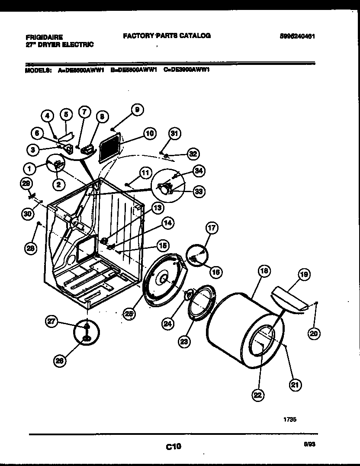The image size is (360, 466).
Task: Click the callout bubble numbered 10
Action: point(149,134)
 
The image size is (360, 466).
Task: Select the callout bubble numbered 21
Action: point(296,385)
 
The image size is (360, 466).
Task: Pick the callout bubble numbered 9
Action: point(137,110)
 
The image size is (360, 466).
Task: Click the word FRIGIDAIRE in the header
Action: point(44,37)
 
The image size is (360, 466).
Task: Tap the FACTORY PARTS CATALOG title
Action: point(167,36)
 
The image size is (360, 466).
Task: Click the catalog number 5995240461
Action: point(297,37)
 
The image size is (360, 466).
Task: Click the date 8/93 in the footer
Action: point(309,444)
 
